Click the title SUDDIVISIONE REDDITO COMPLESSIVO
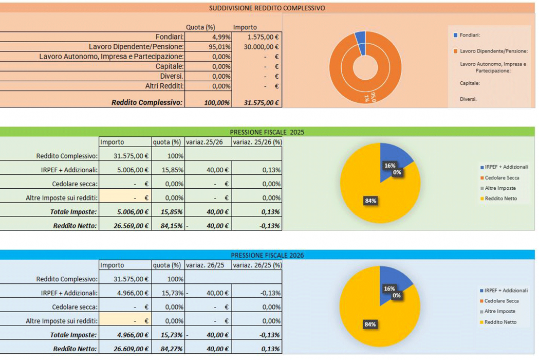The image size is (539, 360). coord(267,8)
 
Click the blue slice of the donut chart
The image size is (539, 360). coord(361,37)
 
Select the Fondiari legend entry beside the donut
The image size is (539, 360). coord(470,35)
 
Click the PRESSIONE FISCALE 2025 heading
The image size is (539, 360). coord(267,132)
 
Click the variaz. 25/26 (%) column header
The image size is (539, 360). coord(257,142)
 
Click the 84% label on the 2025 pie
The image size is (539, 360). coord(370,201)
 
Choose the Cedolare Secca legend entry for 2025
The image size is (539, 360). coord(501,177)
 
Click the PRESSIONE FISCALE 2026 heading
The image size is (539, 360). coord(267,255)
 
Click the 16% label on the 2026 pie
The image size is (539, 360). coord(389,289)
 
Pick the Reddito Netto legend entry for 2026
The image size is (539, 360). coord(500,322)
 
